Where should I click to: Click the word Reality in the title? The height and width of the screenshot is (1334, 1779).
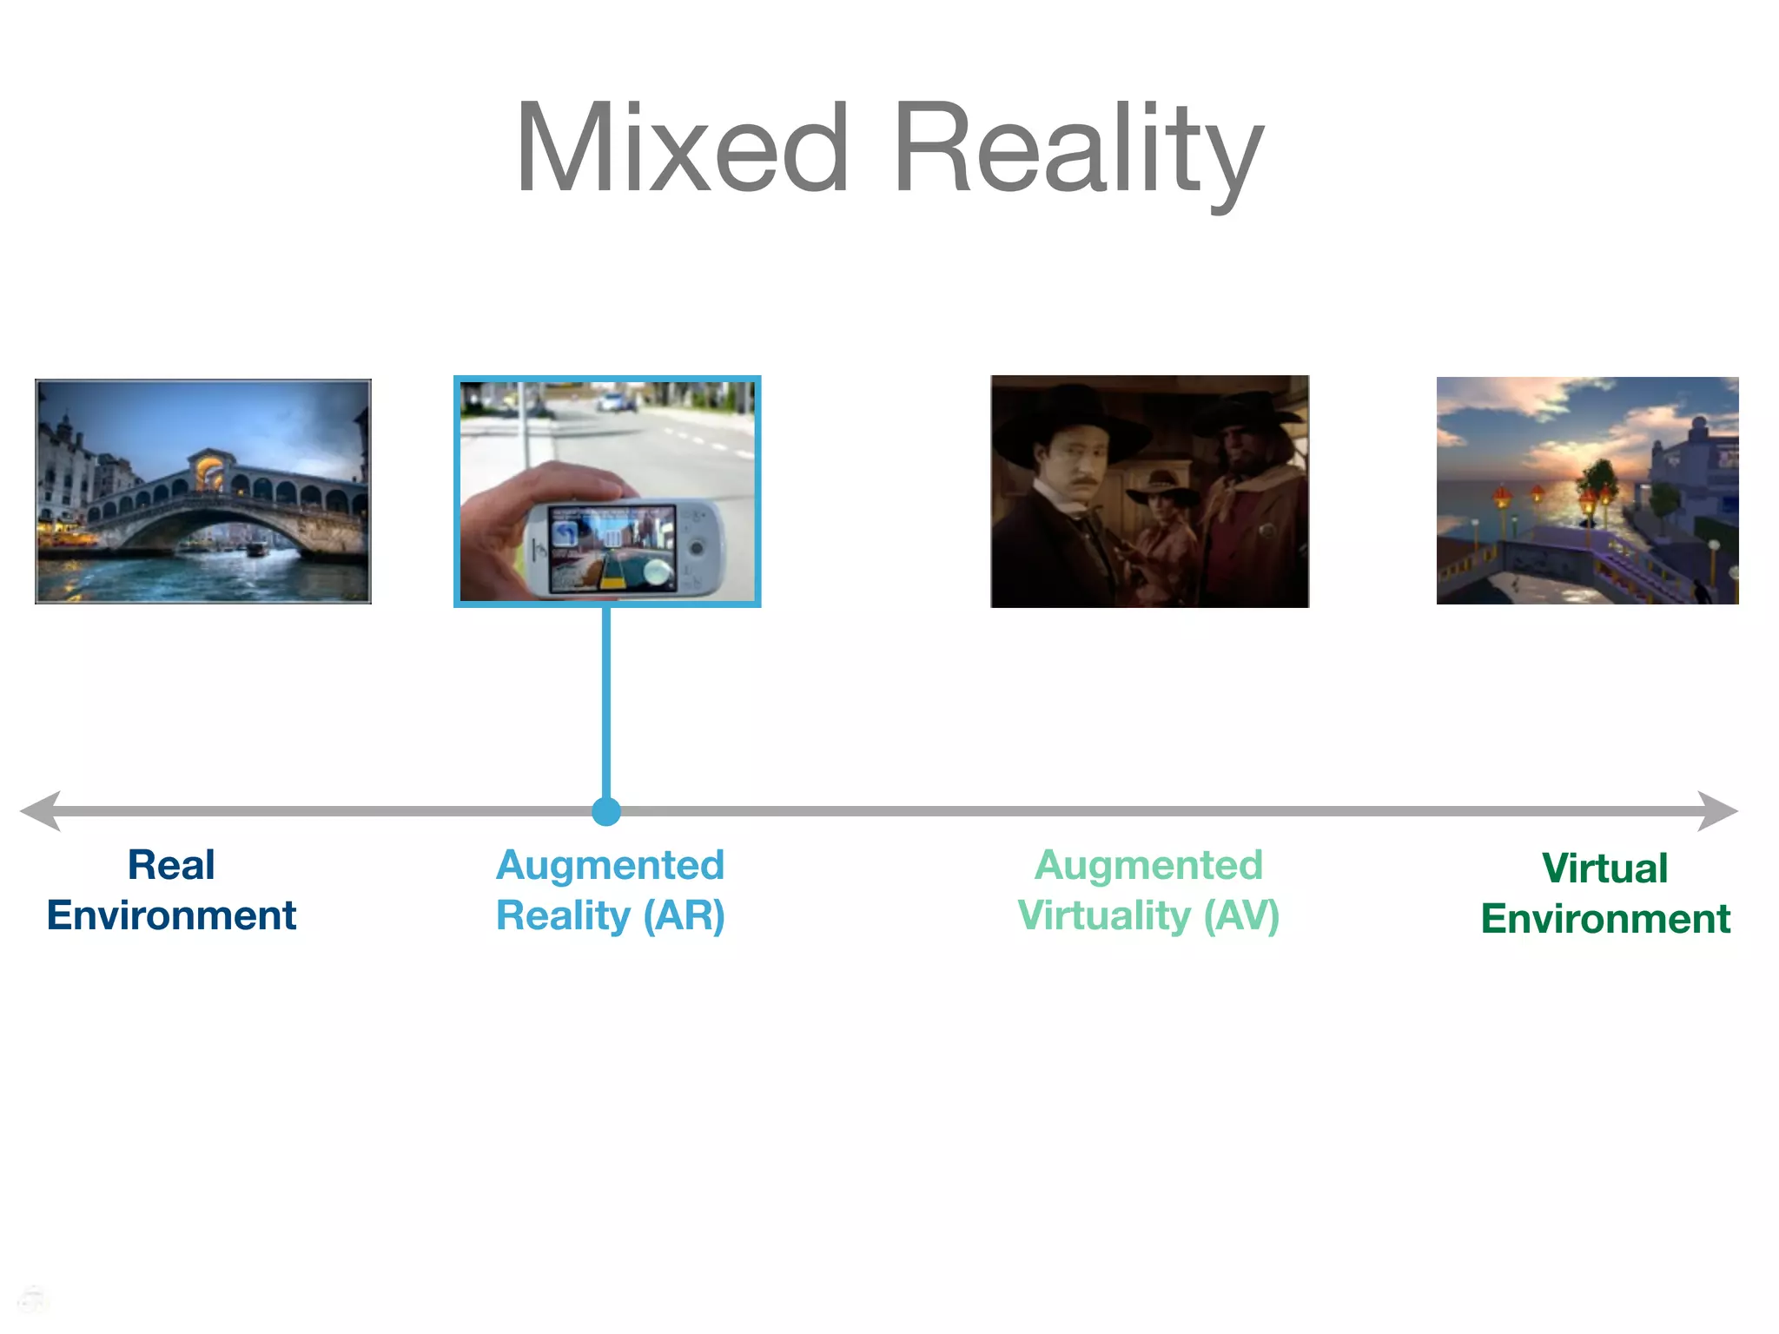click(x=1077, y=149)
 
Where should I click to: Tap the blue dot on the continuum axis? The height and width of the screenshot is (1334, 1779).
click(x=606, y=811)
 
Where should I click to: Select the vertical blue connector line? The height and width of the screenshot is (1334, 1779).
click(x=606, y=703)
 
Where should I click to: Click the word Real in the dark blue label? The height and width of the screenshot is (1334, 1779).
click(x=171, y=865)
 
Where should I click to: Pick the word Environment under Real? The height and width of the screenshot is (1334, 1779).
click(x=171, y=915)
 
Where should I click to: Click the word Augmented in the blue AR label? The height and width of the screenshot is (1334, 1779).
click(x=610, y=865)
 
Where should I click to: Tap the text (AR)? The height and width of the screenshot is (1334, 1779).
click(x=684, y=915)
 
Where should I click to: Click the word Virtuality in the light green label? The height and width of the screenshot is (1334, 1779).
click(x=1104, y=915)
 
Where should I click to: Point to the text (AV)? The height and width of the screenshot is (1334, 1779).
click(x=1241, y=915)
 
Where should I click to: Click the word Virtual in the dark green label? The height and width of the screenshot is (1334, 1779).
click(x=1604, y=868)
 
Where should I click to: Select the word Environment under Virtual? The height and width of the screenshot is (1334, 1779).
click(x=1605, y=919)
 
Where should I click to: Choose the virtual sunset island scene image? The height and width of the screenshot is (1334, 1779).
click(x=1587, y=491)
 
